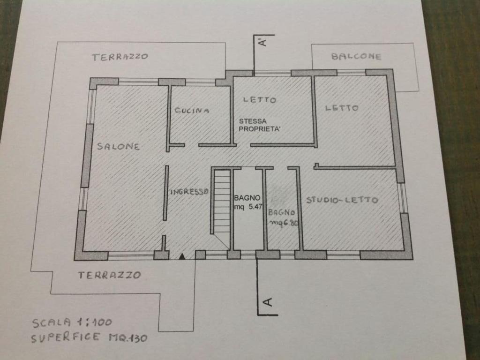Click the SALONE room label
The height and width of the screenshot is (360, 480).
119,146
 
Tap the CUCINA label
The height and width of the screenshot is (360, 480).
192,110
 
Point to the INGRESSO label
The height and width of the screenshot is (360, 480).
189,192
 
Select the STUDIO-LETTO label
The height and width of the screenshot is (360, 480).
342,200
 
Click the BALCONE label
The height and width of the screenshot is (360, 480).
356,56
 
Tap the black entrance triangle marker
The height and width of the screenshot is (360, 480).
182,256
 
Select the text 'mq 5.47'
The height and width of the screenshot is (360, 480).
248,207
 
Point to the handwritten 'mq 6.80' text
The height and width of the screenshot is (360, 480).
284,223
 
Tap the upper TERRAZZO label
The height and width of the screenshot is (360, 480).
120,57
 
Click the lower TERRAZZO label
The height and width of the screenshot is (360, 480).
110,275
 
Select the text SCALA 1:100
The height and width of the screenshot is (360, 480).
72,322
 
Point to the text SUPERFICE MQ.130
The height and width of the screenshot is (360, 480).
89,337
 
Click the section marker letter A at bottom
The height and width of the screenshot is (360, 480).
268,302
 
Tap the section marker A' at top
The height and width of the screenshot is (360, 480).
263,42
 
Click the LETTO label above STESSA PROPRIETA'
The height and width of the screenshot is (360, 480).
260,100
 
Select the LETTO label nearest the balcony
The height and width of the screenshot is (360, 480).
342,108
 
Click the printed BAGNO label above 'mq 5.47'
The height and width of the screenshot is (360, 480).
247,198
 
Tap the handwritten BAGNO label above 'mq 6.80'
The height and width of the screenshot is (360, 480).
282,212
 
